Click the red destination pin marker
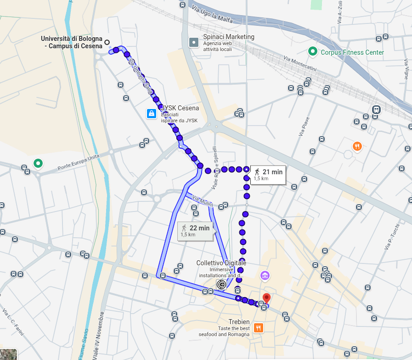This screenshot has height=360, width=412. tap(266, 298)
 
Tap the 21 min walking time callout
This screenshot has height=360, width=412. tap(268, 175)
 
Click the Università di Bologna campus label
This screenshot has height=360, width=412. tap(71, 42)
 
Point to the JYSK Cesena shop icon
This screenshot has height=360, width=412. tap(151, 114)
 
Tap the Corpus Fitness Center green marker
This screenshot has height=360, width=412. tap(313, 51)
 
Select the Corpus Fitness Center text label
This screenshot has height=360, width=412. tap(352, 52)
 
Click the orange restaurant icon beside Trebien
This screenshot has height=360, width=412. tap(259, 328)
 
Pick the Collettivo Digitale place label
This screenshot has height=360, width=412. tap(221, 263)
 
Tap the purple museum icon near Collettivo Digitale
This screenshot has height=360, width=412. tap(265, 275)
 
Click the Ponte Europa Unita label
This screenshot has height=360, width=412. tap(79, 163)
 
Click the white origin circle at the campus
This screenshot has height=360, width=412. tap(107, 42)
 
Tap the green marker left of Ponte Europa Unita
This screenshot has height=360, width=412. tap(38, 163)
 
